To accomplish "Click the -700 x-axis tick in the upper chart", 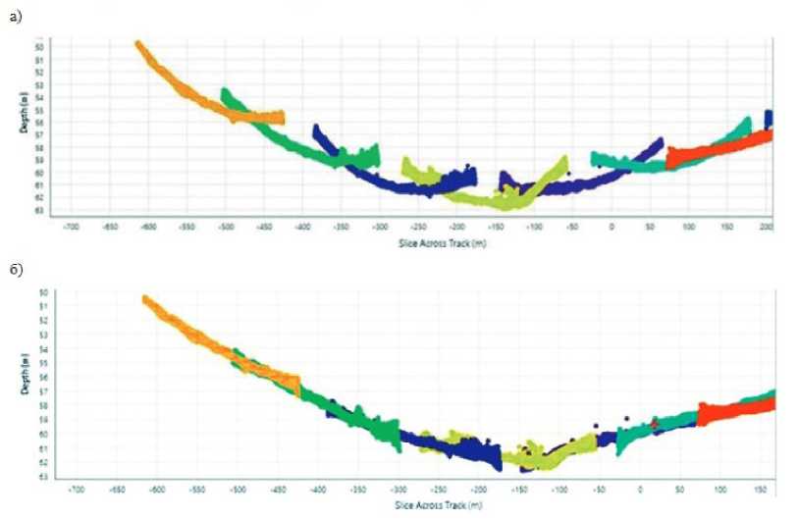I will [x=70, y=227].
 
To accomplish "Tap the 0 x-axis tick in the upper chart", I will [x=612, y=227].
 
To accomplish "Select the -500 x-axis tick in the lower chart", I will [x=237, y=488].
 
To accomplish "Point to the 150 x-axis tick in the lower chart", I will [x=761, y=488].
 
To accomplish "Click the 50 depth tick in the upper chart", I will [x=40, y=46].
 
